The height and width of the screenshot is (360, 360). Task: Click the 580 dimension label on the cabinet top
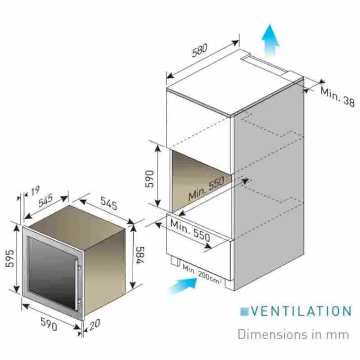click(x=199, y=50)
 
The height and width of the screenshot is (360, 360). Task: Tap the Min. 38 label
click(x=337, y=96)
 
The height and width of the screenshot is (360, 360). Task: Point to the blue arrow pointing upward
click(x=270, y=40)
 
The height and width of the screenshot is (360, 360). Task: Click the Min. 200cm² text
click(x=202, y=274)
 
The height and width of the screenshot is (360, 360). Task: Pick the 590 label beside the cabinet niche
click(x=150, y=179)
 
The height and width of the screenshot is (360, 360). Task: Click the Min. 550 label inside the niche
click(x=206, y=188)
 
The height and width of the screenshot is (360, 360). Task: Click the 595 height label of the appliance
click(x=9, y=258)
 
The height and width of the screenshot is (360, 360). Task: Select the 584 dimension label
click(x=140, y=255)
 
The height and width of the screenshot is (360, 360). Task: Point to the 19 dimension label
click(x=35, y=190)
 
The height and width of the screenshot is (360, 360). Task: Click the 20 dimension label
click(x=94, y=324)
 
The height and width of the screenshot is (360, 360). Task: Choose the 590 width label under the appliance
click(x=49, y=324)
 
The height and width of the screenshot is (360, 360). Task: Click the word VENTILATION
click(x=301, y=311)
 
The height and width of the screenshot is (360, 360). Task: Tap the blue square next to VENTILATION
click(x=244, y=311)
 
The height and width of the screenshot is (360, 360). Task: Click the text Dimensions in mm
click(x=293, y=334)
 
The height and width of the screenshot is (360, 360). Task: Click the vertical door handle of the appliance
click(x=77, y=285)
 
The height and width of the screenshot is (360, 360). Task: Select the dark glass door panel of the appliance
click(x=51, y=273)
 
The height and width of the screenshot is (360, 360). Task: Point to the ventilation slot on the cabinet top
click(x=264, y=64)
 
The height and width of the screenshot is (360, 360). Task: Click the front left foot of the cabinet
click(x=175, y=261)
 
